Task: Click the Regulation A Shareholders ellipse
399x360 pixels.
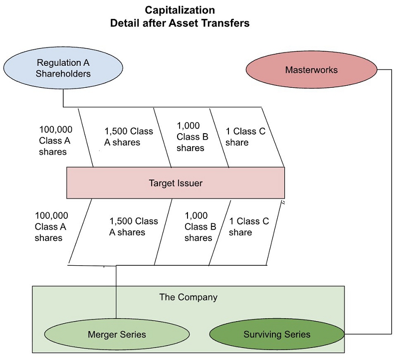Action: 63,68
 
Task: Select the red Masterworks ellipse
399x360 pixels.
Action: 311,70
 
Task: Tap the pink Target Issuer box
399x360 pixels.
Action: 176,183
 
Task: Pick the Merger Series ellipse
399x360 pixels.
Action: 117,334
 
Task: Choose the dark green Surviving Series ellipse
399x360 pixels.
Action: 277,334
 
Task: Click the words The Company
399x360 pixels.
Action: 189,297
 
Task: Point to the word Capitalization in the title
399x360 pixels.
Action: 180,10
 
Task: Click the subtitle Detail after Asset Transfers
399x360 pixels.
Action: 180,23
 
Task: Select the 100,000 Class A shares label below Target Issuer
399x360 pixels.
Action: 51,227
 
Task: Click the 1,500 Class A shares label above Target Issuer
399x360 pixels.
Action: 129,137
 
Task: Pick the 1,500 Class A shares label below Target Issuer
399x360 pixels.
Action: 133,226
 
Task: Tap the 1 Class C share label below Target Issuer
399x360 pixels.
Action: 248,226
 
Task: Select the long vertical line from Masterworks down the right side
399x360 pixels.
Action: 391,199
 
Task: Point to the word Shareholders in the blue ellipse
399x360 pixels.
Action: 63,74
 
